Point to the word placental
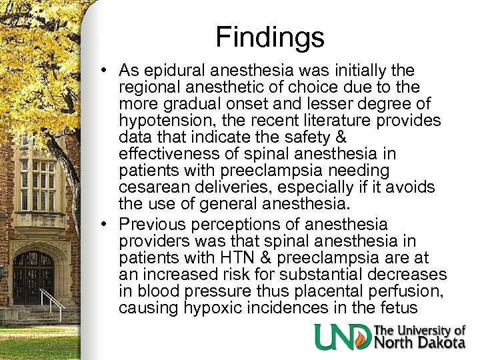click(x=324, y=292)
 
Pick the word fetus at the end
click(x=399, y=309)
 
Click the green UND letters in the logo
click(x=343, y=337)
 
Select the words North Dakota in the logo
click(x=420, y=343)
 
